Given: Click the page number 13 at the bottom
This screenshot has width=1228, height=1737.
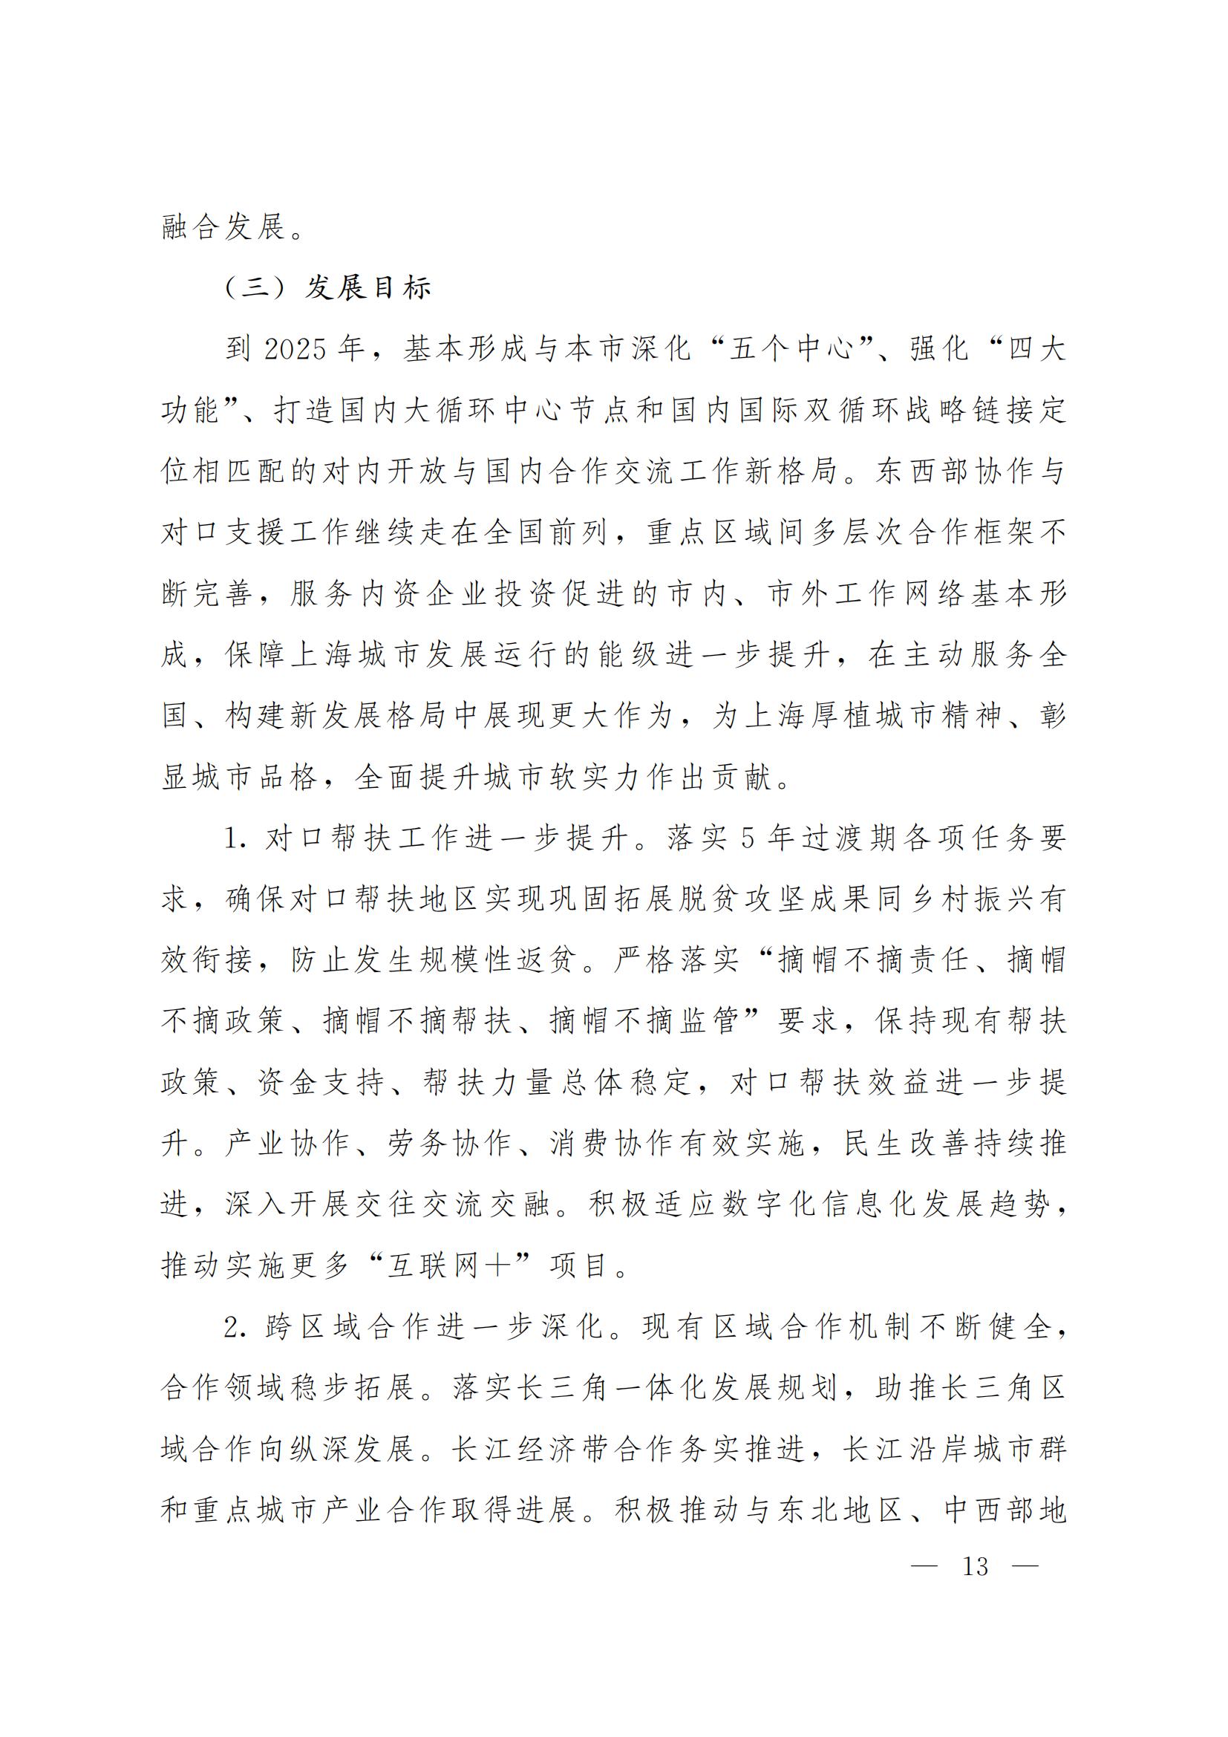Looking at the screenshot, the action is [x=975, y=1566].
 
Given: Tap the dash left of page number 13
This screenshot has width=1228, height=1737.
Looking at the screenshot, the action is [x=924, y=1566].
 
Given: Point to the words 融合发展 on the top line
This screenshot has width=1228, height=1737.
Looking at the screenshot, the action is [x=224, y=227].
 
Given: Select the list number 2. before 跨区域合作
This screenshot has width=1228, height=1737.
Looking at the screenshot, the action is [x=235, y=1327].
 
